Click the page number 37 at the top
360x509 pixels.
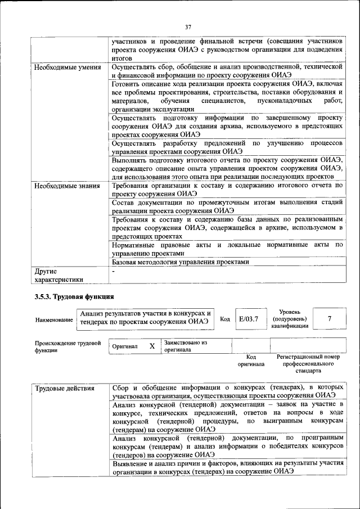tap(188, 26)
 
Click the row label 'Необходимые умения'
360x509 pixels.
tap(67, 67)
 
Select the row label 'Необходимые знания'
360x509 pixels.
tap(67, 185)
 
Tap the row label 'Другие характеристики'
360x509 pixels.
tap(58, 275)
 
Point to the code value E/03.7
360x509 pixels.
tap(248, 319)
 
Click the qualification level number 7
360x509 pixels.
tap(329, 319)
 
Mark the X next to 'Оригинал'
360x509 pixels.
tap(151, 346)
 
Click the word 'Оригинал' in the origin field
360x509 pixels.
tap(125, 346)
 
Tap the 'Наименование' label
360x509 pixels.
tap(54, 319)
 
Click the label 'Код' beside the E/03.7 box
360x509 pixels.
tap(224, 319)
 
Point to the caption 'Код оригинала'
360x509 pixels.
tap(251, 361)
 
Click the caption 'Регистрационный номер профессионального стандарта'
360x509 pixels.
tap(308, 364)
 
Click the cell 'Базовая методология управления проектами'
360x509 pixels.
tap(180, 262)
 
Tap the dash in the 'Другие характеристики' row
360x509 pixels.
tap(114, 271)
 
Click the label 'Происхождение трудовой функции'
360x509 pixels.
tap(67, 346)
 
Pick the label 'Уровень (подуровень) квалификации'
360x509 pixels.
tap(289, 319)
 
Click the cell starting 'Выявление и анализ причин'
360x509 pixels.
tap(227, 467)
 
